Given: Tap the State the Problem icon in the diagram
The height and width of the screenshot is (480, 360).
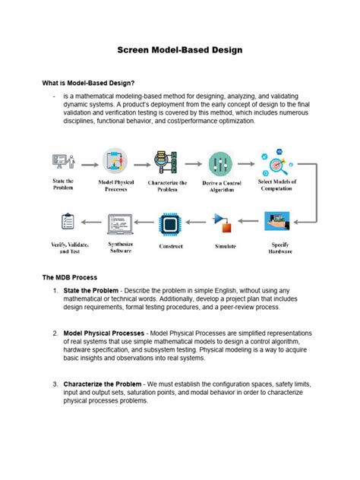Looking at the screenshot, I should tap(63, 162).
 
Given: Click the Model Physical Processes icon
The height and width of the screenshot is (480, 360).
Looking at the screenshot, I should tap(116, 163).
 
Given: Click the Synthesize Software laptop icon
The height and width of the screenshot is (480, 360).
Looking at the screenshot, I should tap(118, 223).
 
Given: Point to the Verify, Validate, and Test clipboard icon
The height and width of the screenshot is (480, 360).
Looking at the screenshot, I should tap(66, 223).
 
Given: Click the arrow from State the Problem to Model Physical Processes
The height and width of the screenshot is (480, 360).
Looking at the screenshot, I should tap(89, 163).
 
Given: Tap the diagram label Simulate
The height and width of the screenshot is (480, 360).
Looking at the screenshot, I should tap(225, 246).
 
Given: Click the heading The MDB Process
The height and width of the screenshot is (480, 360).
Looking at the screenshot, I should tap(70, 278).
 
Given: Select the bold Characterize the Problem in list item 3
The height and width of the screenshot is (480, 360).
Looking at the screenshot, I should tap(103, 384).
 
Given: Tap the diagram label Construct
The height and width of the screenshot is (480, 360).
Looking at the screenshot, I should tap(170, 246).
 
